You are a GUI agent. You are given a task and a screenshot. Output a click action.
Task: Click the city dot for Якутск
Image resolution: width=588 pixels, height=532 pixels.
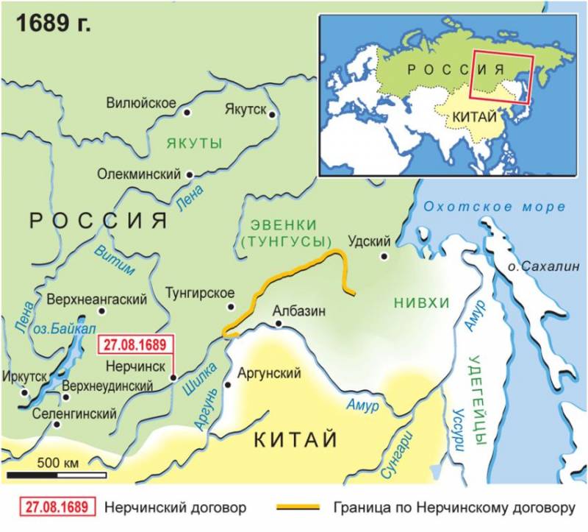point(272,115)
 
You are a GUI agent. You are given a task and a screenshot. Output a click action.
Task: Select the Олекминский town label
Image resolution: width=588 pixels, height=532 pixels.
point(139,175)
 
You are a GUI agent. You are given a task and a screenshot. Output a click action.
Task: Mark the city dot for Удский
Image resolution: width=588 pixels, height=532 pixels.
point(383,256)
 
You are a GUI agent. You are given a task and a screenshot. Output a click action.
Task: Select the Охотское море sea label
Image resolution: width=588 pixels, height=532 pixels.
point(498,207)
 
